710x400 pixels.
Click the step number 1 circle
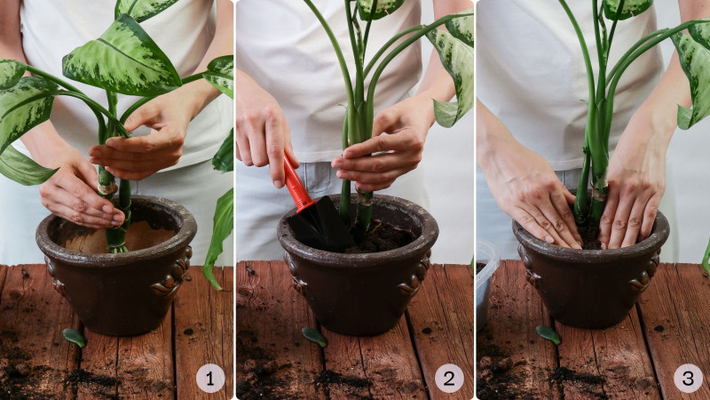(x=210, y=379)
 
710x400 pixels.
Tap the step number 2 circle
(x=449, y=379)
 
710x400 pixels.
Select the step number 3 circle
(x=688, y=379)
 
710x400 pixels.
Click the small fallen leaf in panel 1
(x=75, y=337)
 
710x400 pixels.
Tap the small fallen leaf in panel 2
(x=314, y=337)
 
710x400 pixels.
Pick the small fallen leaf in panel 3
(x=548, y=335)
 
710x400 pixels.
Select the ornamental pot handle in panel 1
(x=172, y=275)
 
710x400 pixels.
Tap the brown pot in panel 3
(x=591, y=272)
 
